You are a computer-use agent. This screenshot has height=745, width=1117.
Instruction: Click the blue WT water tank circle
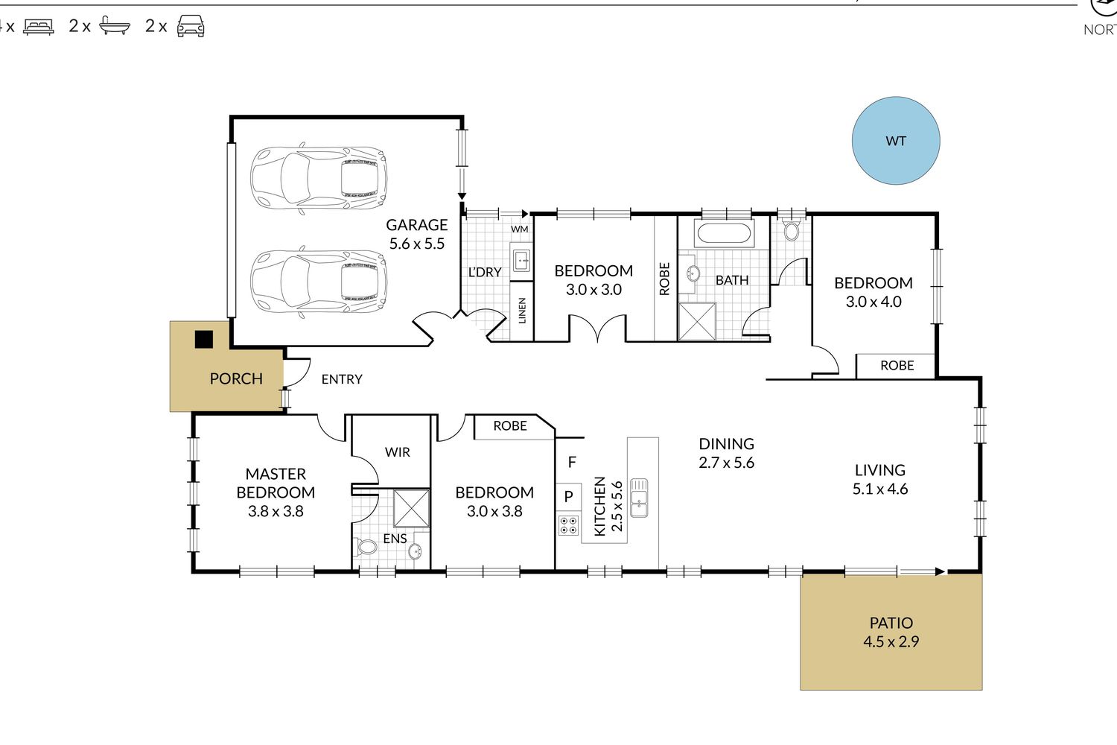coord(896,141)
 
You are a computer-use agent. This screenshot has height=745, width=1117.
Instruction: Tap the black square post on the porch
coord(203,339)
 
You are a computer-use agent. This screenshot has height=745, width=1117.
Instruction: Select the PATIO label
coord(891,623)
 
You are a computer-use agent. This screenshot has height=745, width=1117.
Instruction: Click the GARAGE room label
coord(417,225)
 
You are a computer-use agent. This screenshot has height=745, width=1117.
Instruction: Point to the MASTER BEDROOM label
coord(276,483)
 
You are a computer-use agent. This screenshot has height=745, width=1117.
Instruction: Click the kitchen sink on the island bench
coord(639,498)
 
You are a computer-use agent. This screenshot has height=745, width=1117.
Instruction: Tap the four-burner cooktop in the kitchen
coord(568,524)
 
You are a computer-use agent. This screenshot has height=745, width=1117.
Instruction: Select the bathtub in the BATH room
coord(724,233)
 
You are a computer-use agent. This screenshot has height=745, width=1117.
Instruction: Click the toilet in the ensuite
coord(366,547)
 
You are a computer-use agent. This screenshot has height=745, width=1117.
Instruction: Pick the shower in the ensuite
coord(411,508)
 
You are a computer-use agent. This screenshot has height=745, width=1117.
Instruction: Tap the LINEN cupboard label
coord(522,311)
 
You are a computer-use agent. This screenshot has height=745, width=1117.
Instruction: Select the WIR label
coord(398,452)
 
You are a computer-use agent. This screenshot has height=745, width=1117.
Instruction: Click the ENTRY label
coord(342,379)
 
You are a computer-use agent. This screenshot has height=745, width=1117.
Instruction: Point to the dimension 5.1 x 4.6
coord(880,489)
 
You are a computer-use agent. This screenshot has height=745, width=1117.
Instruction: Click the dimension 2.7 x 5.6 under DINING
coord(727,463)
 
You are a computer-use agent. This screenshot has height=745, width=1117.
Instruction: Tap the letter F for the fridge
coord(572,462)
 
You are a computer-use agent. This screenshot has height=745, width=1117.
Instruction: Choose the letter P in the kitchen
coord(568,496)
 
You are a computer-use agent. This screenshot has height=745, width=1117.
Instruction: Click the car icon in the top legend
coord(191,25)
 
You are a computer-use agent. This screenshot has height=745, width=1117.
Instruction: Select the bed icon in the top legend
coord(39,26)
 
